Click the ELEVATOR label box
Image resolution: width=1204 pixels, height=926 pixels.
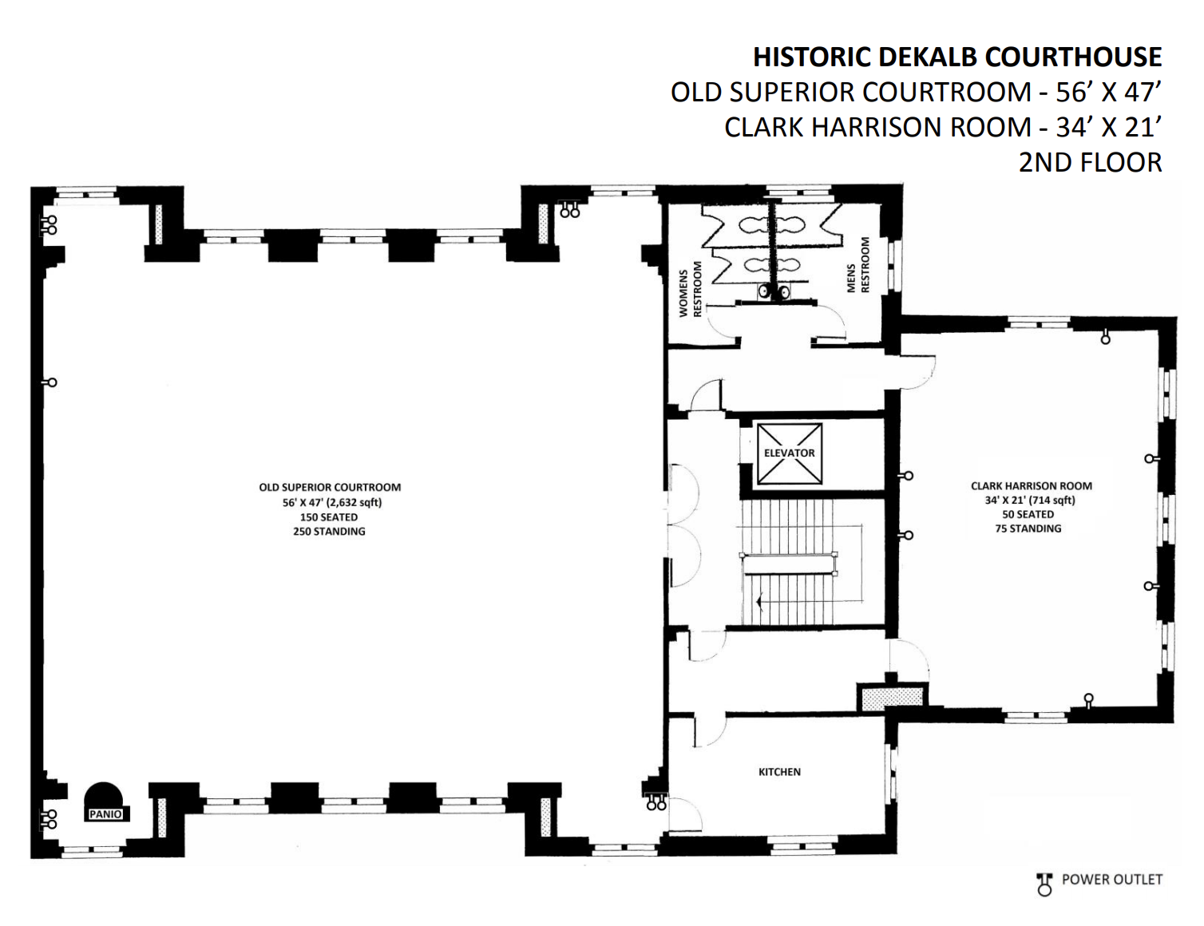(789, 453)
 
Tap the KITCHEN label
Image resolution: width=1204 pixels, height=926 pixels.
(779, 771)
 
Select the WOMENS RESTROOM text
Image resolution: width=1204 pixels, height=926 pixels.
(691, 289)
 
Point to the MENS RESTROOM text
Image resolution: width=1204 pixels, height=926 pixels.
(858, 265)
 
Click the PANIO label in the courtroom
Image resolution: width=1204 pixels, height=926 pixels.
(105, 815)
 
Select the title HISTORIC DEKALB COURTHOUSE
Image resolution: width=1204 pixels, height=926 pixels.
(956, 57)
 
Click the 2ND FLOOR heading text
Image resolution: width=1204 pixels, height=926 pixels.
(1091, 162)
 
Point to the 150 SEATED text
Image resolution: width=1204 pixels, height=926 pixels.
(329, 517)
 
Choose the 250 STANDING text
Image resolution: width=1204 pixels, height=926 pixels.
(329, 532)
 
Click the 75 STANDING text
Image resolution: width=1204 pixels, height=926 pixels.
(1028, 529)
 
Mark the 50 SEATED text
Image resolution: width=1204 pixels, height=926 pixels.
(1028, 515)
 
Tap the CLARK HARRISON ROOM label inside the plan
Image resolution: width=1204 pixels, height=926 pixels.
(1031, 486)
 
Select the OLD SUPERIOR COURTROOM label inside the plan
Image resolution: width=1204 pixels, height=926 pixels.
(330, 488)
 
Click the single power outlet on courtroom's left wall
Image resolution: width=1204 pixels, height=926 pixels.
(50, 382)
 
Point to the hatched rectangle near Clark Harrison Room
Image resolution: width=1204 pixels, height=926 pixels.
(891, 696)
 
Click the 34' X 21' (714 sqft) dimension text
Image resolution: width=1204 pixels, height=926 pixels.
(1029, 500)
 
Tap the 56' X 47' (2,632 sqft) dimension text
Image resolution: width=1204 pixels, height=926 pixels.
(332, 502)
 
